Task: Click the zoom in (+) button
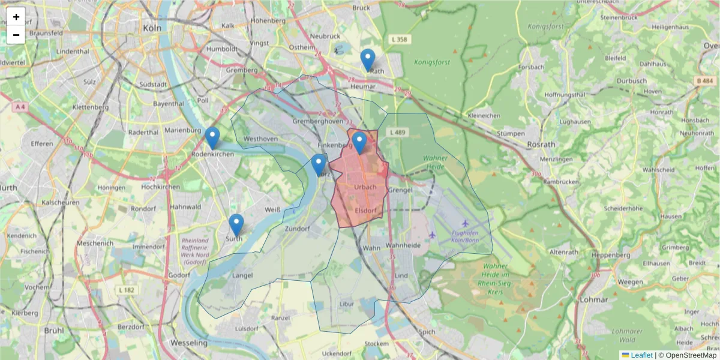click(x=16, y=17)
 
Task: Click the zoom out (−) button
click(x=16, y=35)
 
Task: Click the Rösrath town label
click(x=541, y=145)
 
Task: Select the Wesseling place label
click(x=189, y=343)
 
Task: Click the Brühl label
click(x=54, y=330)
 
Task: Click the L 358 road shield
click(x=398, y=40)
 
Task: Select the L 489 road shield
click(x=398, y=132)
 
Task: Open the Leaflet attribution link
click(x=641, y=355)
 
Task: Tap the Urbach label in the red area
click(x=365, y=187)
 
